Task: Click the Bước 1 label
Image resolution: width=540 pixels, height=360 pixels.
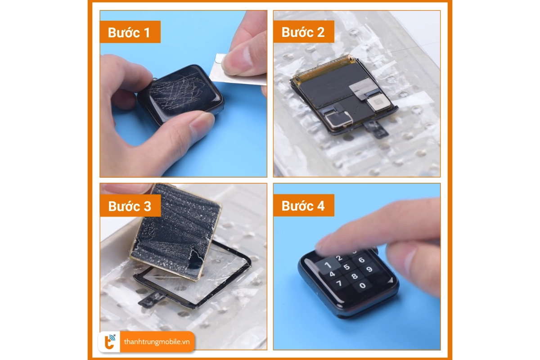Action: pos(130,32)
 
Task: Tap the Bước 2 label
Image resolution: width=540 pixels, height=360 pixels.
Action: pos(304,31)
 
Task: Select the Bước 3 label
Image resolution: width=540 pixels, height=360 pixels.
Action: pos(130,206)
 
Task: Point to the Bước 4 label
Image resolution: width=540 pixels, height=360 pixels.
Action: pos(304,205)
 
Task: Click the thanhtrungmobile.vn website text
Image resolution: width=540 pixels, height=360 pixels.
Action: pos(157,342)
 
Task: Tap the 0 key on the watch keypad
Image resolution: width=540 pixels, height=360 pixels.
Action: pos(363,285)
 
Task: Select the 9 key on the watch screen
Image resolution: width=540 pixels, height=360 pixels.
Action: pos(369,269)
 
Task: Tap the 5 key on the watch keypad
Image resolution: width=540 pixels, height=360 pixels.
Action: pos(346,267)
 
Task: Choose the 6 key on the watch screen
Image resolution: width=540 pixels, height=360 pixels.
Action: pos(361,260)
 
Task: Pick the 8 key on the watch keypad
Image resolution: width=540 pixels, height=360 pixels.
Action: pos(355,276)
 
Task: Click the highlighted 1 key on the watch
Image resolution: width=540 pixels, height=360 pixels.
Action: pos(328,265)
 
